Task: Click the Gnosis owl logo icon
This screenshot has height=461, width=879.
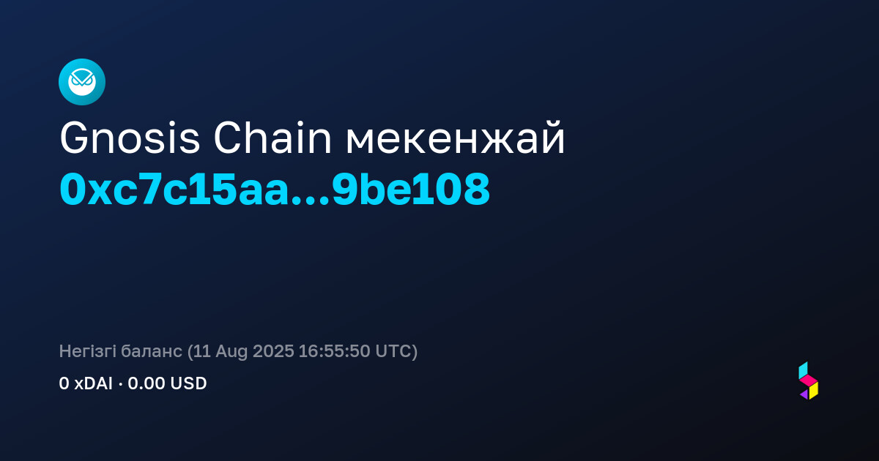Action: pyautogui.click(x=82, y=82)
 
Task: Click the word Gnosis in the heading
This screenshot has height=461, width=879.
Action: pyautogui.click(x=130, y=138)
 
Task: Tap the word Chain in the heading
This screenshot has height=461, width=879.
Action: pyautogui.click(x=272, y=138)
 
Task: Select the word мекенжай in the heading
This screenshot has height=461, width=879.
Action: pyautogui.click(x=455, y=138)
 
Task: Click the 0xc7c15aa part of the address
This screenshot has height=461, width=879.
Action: pyautogui.click(x=174, y=190)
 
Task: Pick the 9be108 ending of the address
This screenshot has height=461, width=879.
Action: pyautogui.click(x=411, y=190)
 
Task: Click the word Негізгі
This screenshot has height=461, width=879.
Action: pyautogui.click(x=87, y=351)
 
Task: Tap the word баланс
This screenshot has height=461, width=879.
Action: pyautogui.click(x=152, y=351)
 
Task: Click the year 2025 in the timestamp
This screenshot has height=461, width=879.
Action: pyautogui.click(x=273, y=351)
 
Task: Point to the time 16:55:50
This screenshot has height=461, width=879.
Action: pyautogui.click(x=334, y=351)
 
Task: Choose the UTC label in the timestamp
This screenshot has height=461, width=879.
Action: pyautogui.click(x=393, y=351)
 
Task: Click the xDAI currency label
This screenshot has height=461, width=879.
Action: pyautogui.click(x=94, y=383)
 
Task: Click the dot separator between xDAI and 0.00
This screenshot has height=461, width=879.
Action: pyautogui.click(x=120, y=384)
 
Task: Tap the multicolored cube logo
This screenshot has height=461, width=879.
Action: pyautogui.click(x=809, y=381)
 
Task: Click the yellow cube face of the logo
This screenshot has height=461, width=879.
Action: pyautogui.click(x=814, y=391)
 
